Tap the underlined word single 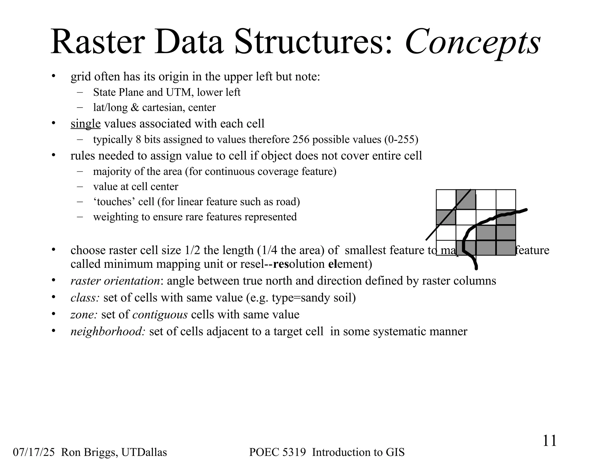(86, 124)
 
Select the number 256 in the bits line (301, 139)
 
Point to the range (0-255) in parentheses (401, 139)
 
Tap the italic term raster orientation (115, 281)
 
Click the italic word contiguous (160, 315)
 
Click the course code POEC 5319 (277, 452)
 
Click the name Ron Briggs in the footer (88, 452)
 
